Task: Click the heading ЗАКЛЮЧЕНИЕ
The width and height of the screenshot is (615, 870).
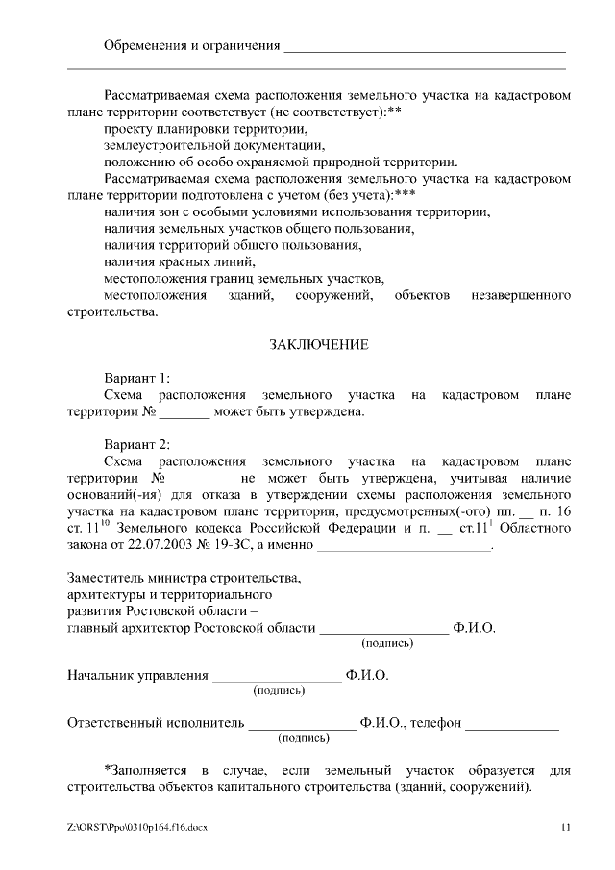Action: (x=318, y=343)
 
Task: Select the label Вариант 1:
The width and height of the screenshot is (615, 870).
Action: (x=136, y=377)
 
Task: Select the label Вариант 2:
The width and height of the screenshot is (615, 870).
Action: (x=136, y=444)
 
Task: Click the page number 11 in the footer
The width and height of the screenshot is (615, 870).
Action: (x=565, y=827)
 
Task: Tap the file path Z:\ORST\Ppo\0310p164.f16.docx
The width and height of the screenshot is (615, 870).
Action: (x=137, y=827)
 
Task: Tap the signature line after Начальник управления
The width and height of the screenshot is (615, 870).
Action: (x=277, y=676)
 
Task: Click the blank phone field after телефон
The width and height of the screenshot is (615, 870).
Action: (x=512, y=723)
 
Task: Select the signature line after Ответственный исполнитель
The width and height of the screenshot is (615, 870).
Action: (x=302, y=723)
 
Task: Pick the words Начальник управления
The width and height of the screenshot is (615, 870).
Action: (x=137, y=676)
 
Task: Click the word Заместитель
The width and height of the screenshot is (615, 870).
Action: (x=106, y=579)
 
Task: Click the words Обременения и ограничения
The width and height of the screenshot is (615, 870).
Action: (x=192, y=45)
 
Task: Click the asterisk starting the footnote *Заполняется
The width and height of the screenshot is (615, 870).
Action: (x=107, y=769)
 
